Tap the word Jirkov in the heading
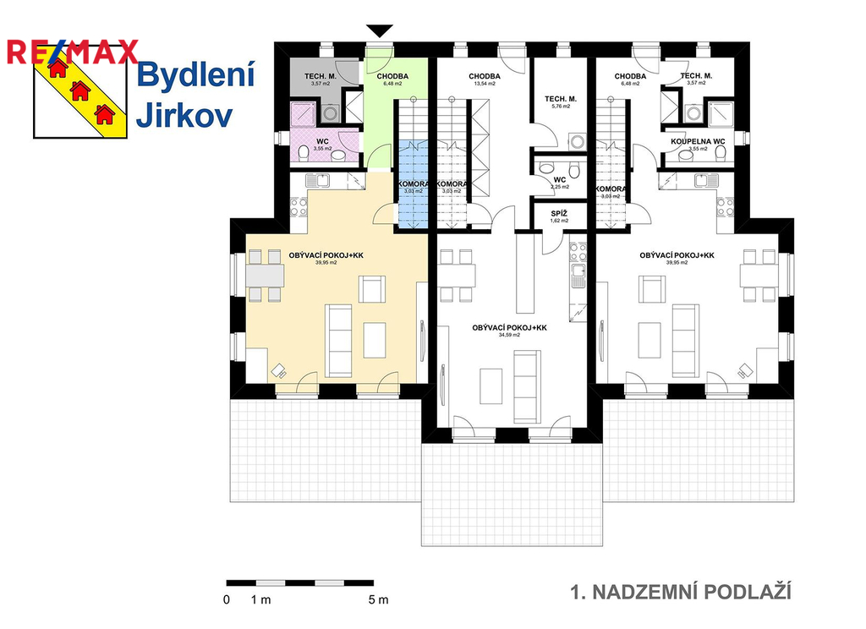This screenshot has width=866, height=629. [184, 116]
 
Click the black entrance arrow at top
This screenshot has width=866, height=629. [380, 31]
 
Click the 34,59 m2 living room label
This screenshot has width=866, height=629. [508, 330]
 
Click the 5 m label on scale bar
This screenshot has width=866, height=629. [378, 600]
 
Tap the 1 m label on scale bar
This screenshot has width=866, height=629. [260, 600]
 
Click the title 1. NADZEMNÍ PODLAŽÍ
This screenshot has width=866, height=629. [681, 592]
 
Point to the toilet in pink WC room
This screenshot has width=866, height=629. [304, 153]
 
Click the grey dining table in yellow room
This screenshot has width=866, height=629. [265, 276]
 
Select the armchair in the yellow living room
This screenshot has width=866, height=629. [372, 289]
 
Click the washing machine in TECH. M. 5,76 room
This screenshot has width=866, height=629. [578, 141]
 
